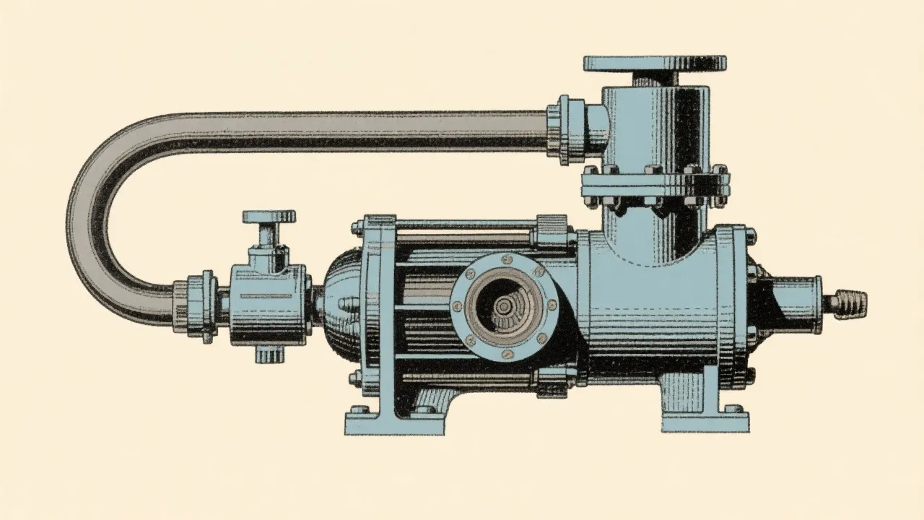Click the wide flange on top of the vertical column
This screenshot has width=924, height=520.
(655, 63)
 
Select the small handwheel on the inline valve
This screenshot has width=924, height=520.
(269, 217)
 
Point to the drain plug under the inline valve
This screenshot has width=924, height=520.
(268, 354)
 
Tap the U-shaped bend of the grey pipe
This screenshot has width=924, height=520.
(101, 217)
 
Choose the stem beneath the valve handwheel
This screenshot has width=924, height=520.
(269, 235)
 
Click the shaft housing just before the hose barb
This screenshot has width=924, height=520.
(794, 300)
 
